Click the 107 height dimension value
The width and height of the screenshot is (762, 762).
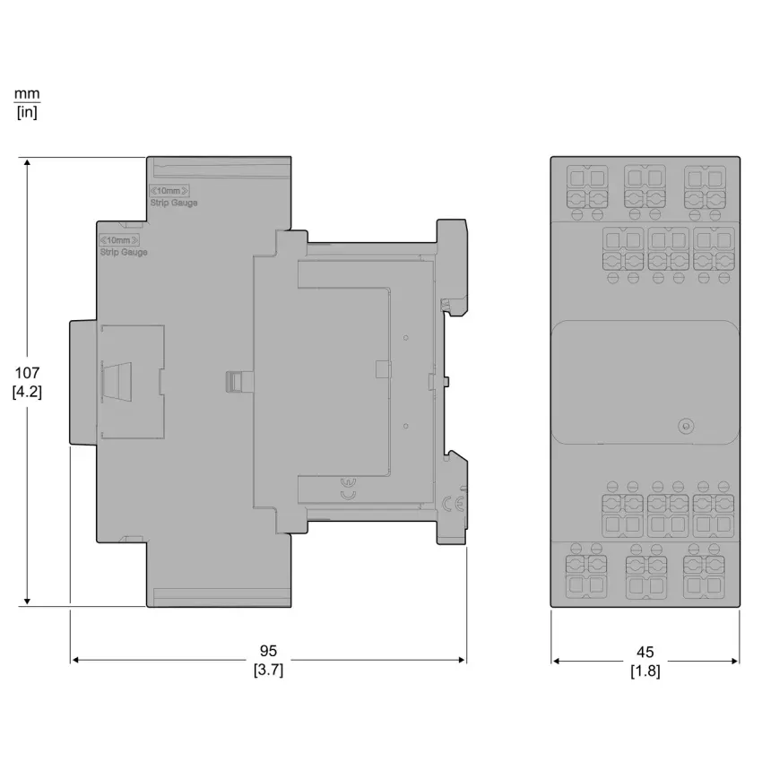(x=27, y=373)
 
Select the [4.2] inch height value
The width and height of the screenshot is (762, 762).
(x=27, y=392)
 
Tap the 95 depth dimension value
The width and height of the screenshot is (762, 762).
(x=268, y=651)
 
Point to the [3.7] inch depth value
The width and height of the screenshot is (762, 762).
(x=268, y=670)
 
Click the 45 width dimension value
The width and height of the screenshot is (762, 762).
(x=645, y=652)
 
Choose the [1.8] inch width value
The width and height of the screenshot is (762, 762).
(x=645, y=671)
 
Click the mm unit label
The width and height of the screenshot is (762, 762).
(x=27, y=93)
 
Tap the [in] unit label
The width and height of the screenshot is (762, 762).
(x=27, y=112)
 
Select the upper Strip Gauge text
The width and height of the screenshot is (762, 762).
(x=174, y=203)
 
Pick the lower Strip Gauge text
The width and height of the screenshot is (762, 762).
(x=124, y=252)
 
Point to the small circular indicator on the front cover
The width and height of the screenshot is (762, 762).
(x=686, y=426)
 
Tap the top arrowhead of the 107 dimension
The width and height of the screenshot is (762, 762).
(x=27, y=163)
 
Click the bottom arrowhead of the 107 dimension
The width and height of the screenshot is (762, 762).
(x=27, y=602)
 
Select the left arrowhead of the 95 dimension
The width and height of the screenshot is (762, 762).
(x=75, y=660)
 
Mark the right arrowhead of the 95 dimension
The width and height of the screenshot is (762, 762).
(x=462, y=660)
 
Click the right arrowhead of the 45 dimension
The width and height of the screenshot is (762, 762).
(x=734, y=661)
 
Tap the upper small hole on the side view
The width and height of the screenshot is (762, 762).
(x=406, y=338)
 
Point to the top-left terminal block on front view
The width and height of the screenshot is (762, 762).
(x=587, y=187)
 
